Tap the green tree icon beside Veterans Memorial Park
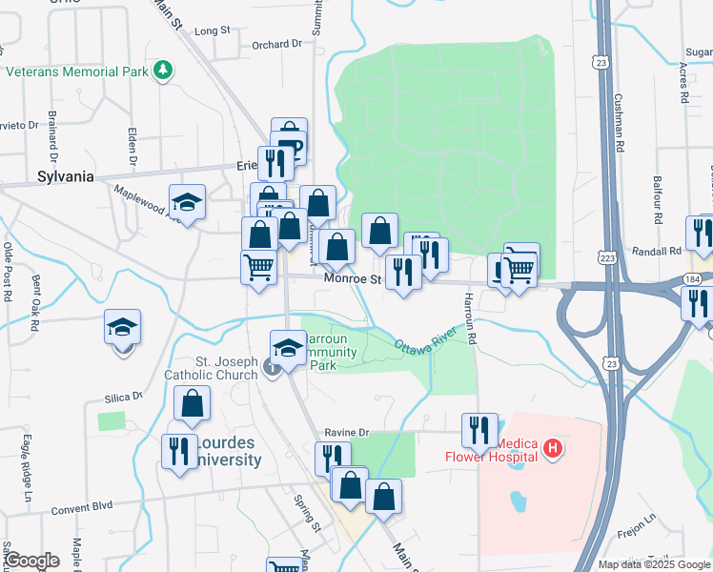(x=164, y=69)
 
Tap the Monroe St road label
(x=352, y=279)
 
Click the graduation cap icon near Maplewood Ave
(x=187, y=202)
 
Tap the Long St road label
(x=212, y=31)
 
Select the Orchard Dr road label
(x=276, y=44)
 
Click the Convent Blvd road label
(x=82, y=508)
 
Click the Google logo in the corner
(x=31, y=560)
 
